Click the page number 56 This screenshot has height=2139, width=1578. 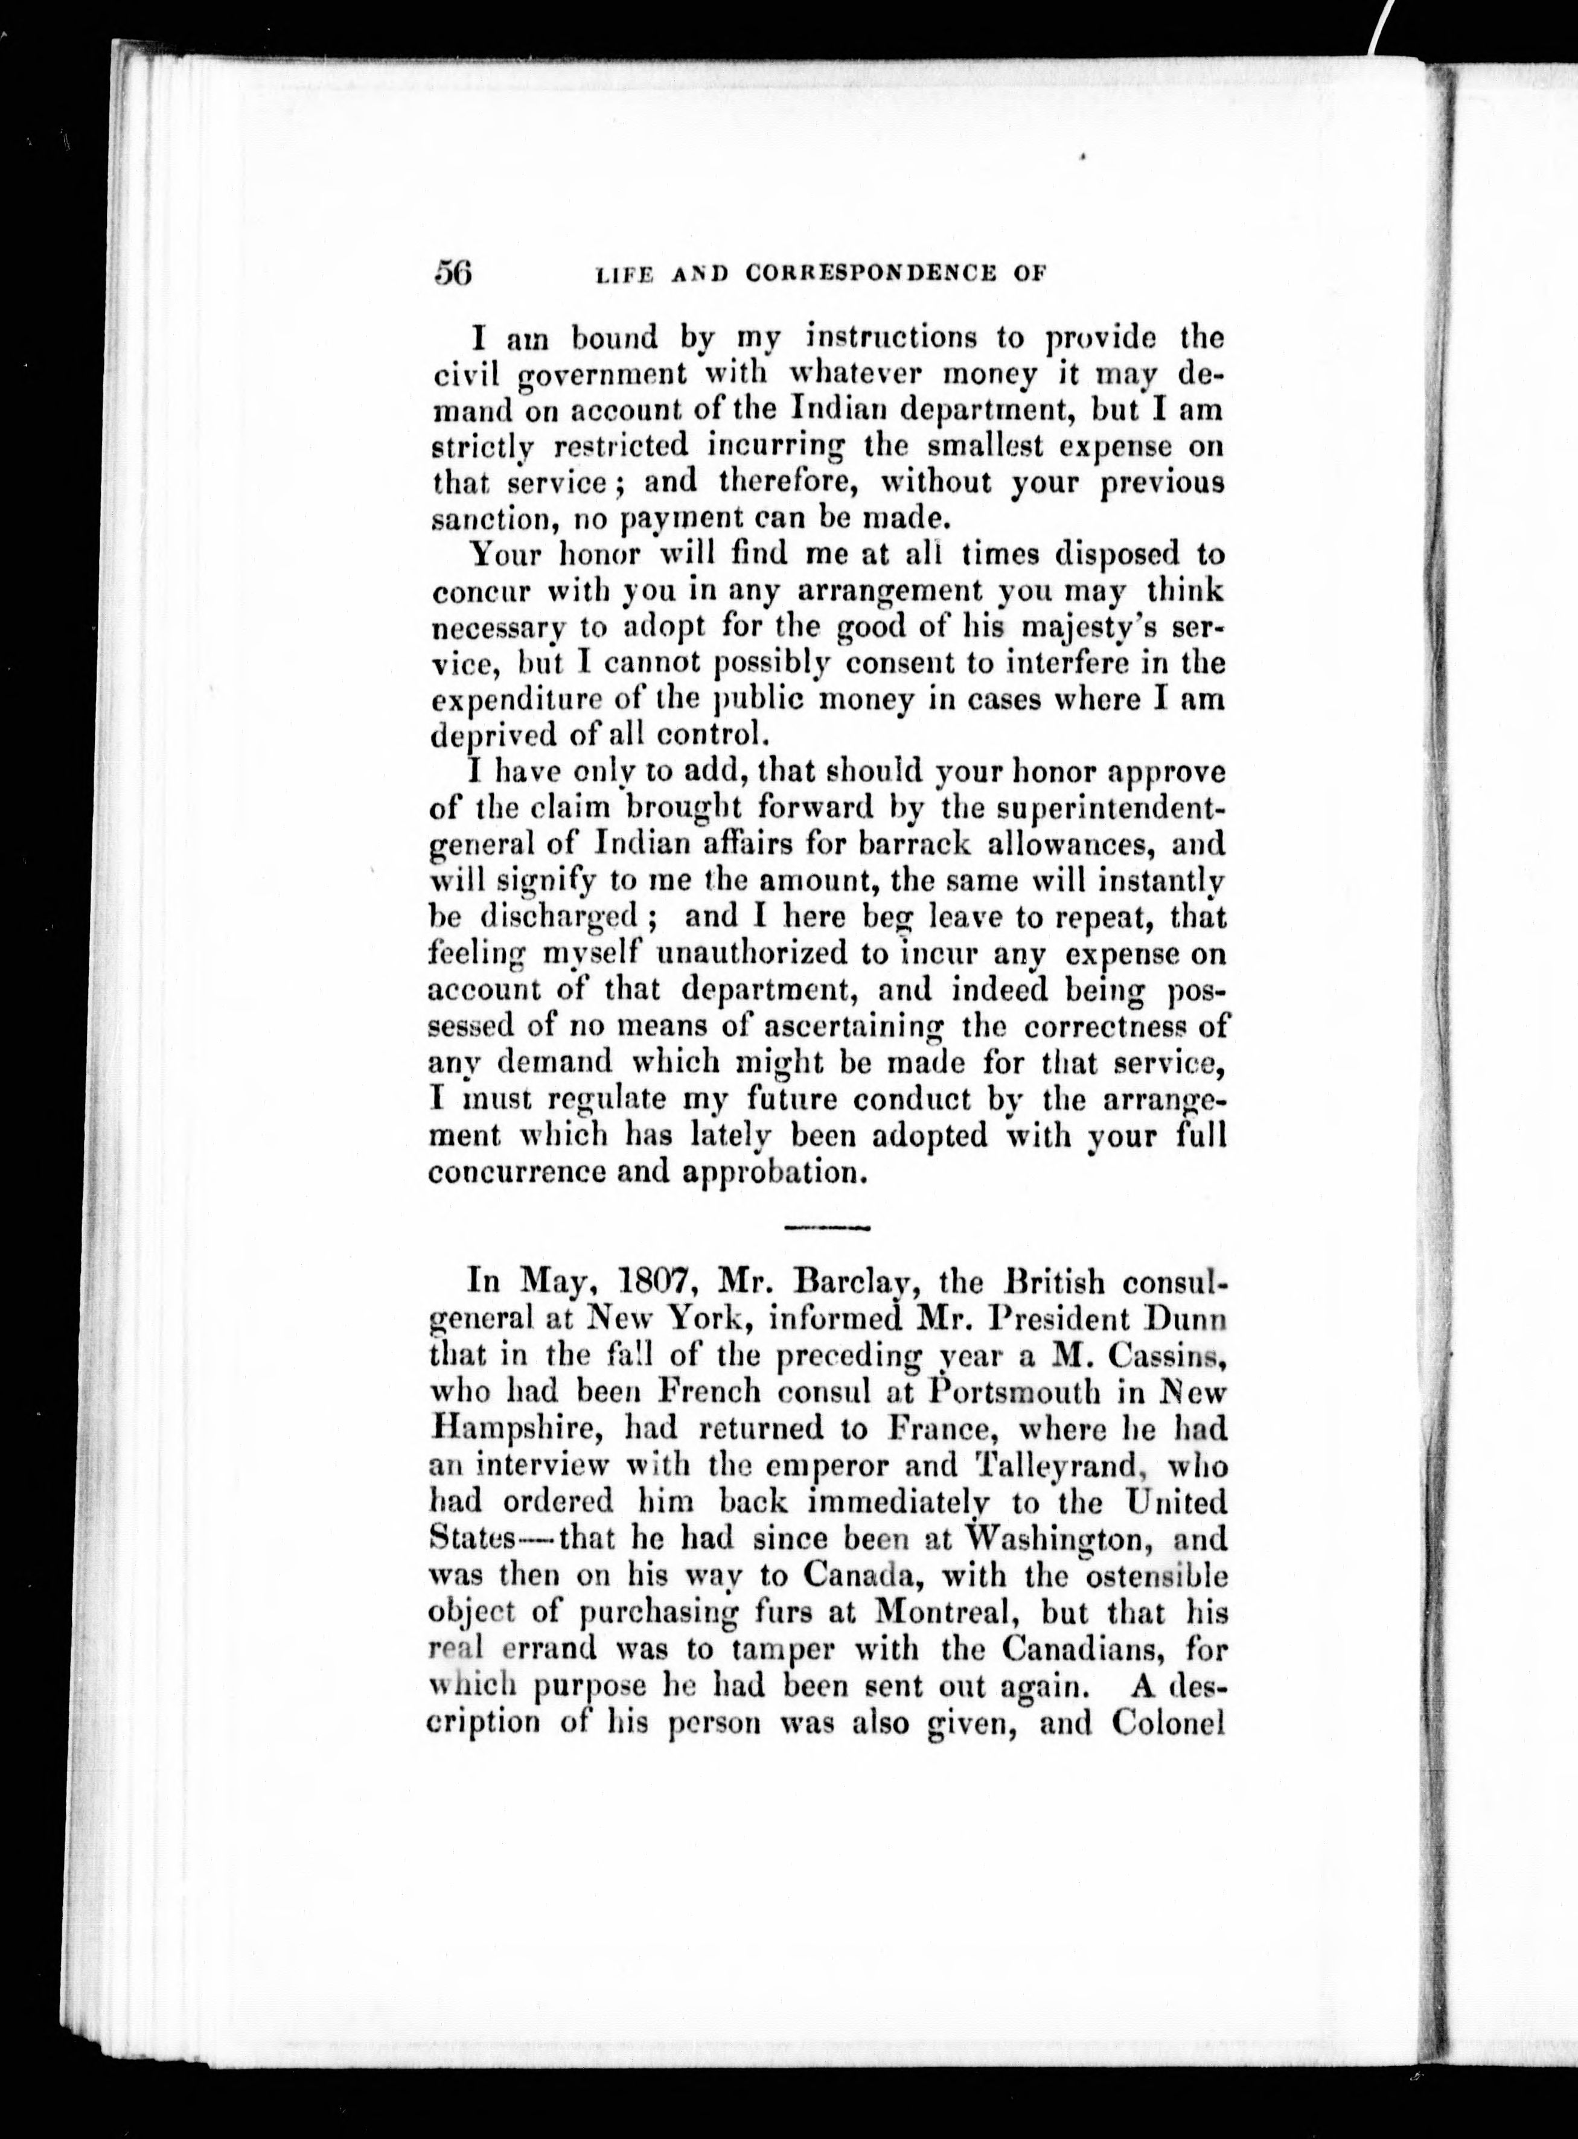point(454,273)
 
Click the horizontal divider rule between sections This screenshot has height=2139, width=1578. point(826,1227)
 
